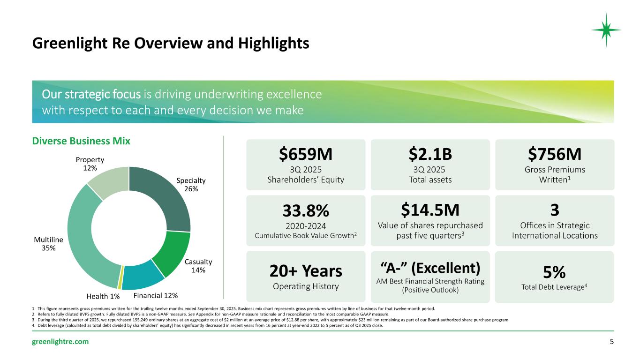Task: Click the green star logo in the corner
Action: pos(606,30)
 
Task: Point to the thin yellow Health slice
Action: pos(121,280)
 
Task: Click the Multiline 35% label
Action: pos(49,244)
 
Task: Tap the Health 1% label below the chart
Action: pos(103,296)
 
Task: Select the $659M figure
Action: pos(305,154)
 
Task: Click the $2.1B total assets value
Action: pos(430,154)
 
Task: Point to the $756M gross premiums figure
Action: pos(554,154)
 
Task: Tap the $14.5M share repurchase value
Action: pos(430,210)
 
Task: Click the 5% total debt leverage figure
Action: pos(554,272)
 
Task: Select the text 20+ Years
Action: pos(305,270)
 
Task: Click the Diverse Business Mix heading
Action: pos(81,141)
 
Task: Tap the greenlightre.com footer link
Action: pos(60,341)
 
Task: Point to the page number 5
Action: pos(611,341)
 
